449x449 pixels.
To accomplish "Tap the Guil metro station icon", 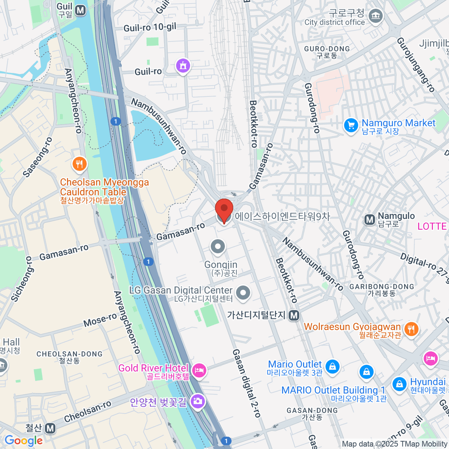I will (80, 10).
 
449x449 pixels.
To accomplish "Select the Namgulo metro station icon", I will (370, 220).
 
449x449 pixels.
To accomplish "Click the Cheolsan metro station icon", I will (50, 428).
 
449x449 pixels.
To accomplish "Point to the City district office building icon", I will (375, 16).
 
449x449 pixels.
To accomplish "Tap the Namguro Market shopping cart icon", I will (351, 126).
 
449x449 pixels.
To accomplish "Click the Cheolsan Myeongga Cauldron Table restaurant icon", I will (79, 164).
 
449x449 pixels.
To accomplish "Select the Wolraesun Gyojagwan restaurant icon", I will (411, 329).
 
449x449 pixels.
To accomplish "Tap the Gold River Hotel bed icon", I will (199, 370).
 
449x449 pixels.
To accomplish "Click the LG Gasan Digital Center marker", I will (243, 293).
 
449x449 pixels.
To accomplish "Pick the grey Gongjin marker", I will (218, 247).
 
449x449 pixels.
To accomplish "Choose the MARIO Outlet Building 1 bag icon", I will (366, 372).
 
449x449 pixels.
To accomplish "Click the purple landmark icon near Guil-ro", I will (183, 66).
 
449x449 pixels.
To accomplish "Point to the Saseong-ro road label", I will (37, 157).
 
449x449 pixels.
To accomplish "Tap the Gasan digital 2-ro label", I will (246, 383).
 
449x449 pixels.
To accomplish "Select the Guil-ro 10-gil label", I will (150, 27).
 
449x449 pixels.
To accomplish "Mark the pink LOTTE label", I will (432, 226).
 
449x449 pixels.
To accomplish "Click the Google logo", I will (23, 441).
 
